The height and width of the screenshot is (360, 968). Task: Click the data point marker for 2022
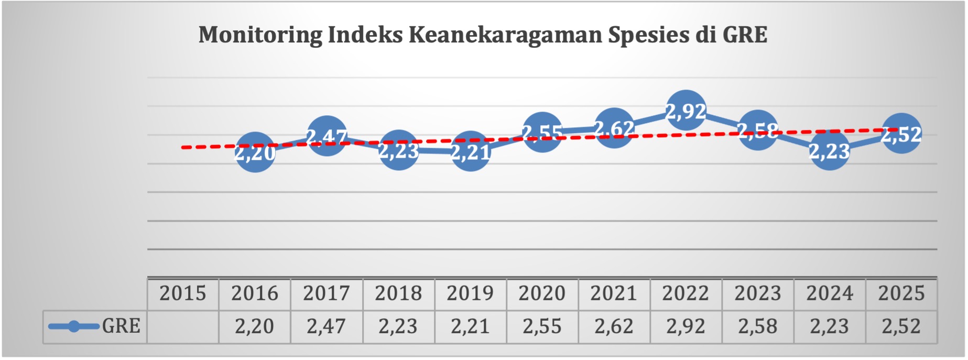[x=686, y=111]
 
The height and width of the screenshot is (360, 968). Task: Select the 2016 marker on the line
[x=255, y=152]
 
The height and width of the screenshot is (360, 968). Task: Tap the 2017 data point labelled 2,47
[x=327, y=136]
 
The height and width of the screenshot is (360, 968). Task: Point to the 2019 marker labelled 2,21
[x=470, y=151]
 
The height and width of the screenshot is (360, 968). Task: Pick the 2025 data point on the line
[x=901, y=133]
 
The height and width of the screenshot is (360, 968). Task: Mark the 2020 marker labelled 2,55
[x=542, y=132]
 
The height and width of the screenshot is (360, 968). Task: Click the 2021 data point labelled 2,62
[x=614, y=127]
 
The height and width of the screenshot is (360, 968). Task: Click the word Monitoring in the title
[x=260, y=35]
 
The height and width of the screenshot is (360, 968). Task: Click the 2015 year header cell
[x=182, y=293]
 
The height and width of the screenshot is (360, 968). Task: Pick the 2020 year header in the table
[x=542, y=293]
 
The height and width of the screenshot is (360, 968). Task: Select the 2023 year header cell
[x=757, y=293]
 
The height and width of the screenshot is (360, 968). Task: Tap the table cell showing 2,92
[x=686, y=326]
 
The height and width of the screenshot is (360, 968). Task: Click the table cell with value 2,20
[x=254, y=326]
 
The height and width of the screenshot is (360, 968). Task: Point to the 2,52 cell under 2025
[x=901, y=326]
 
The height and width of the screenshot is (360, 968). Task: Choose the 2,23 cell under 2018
[x=398, y=326]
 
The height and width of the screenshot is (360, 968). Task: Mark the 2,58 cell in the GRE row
[x=757, y=326]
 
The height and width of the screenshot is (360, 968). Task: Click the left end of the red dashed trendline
[x=183, y=148]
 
